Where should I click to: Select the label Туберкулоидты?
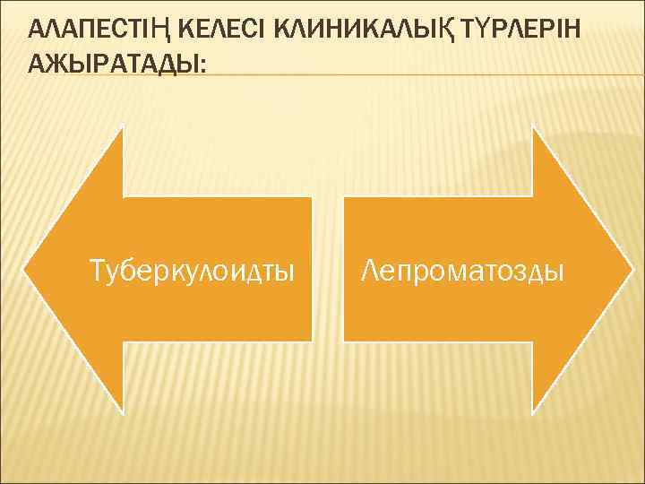tap(193, 269)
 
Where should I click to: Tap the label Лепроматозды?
tap(462, 269)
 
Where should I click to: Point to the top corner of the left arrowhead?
tap(123, 128)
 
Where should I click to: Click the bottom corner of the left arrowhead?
tap(123, 411)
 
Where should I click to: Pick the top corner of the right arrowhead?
tap(534, 128)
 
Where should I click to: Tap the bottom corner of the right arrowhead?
tap(534, 411)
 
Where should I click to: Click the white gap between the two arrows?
tap(328, 269)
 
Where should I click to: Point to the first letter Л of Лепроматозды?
tap(369, 269)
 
